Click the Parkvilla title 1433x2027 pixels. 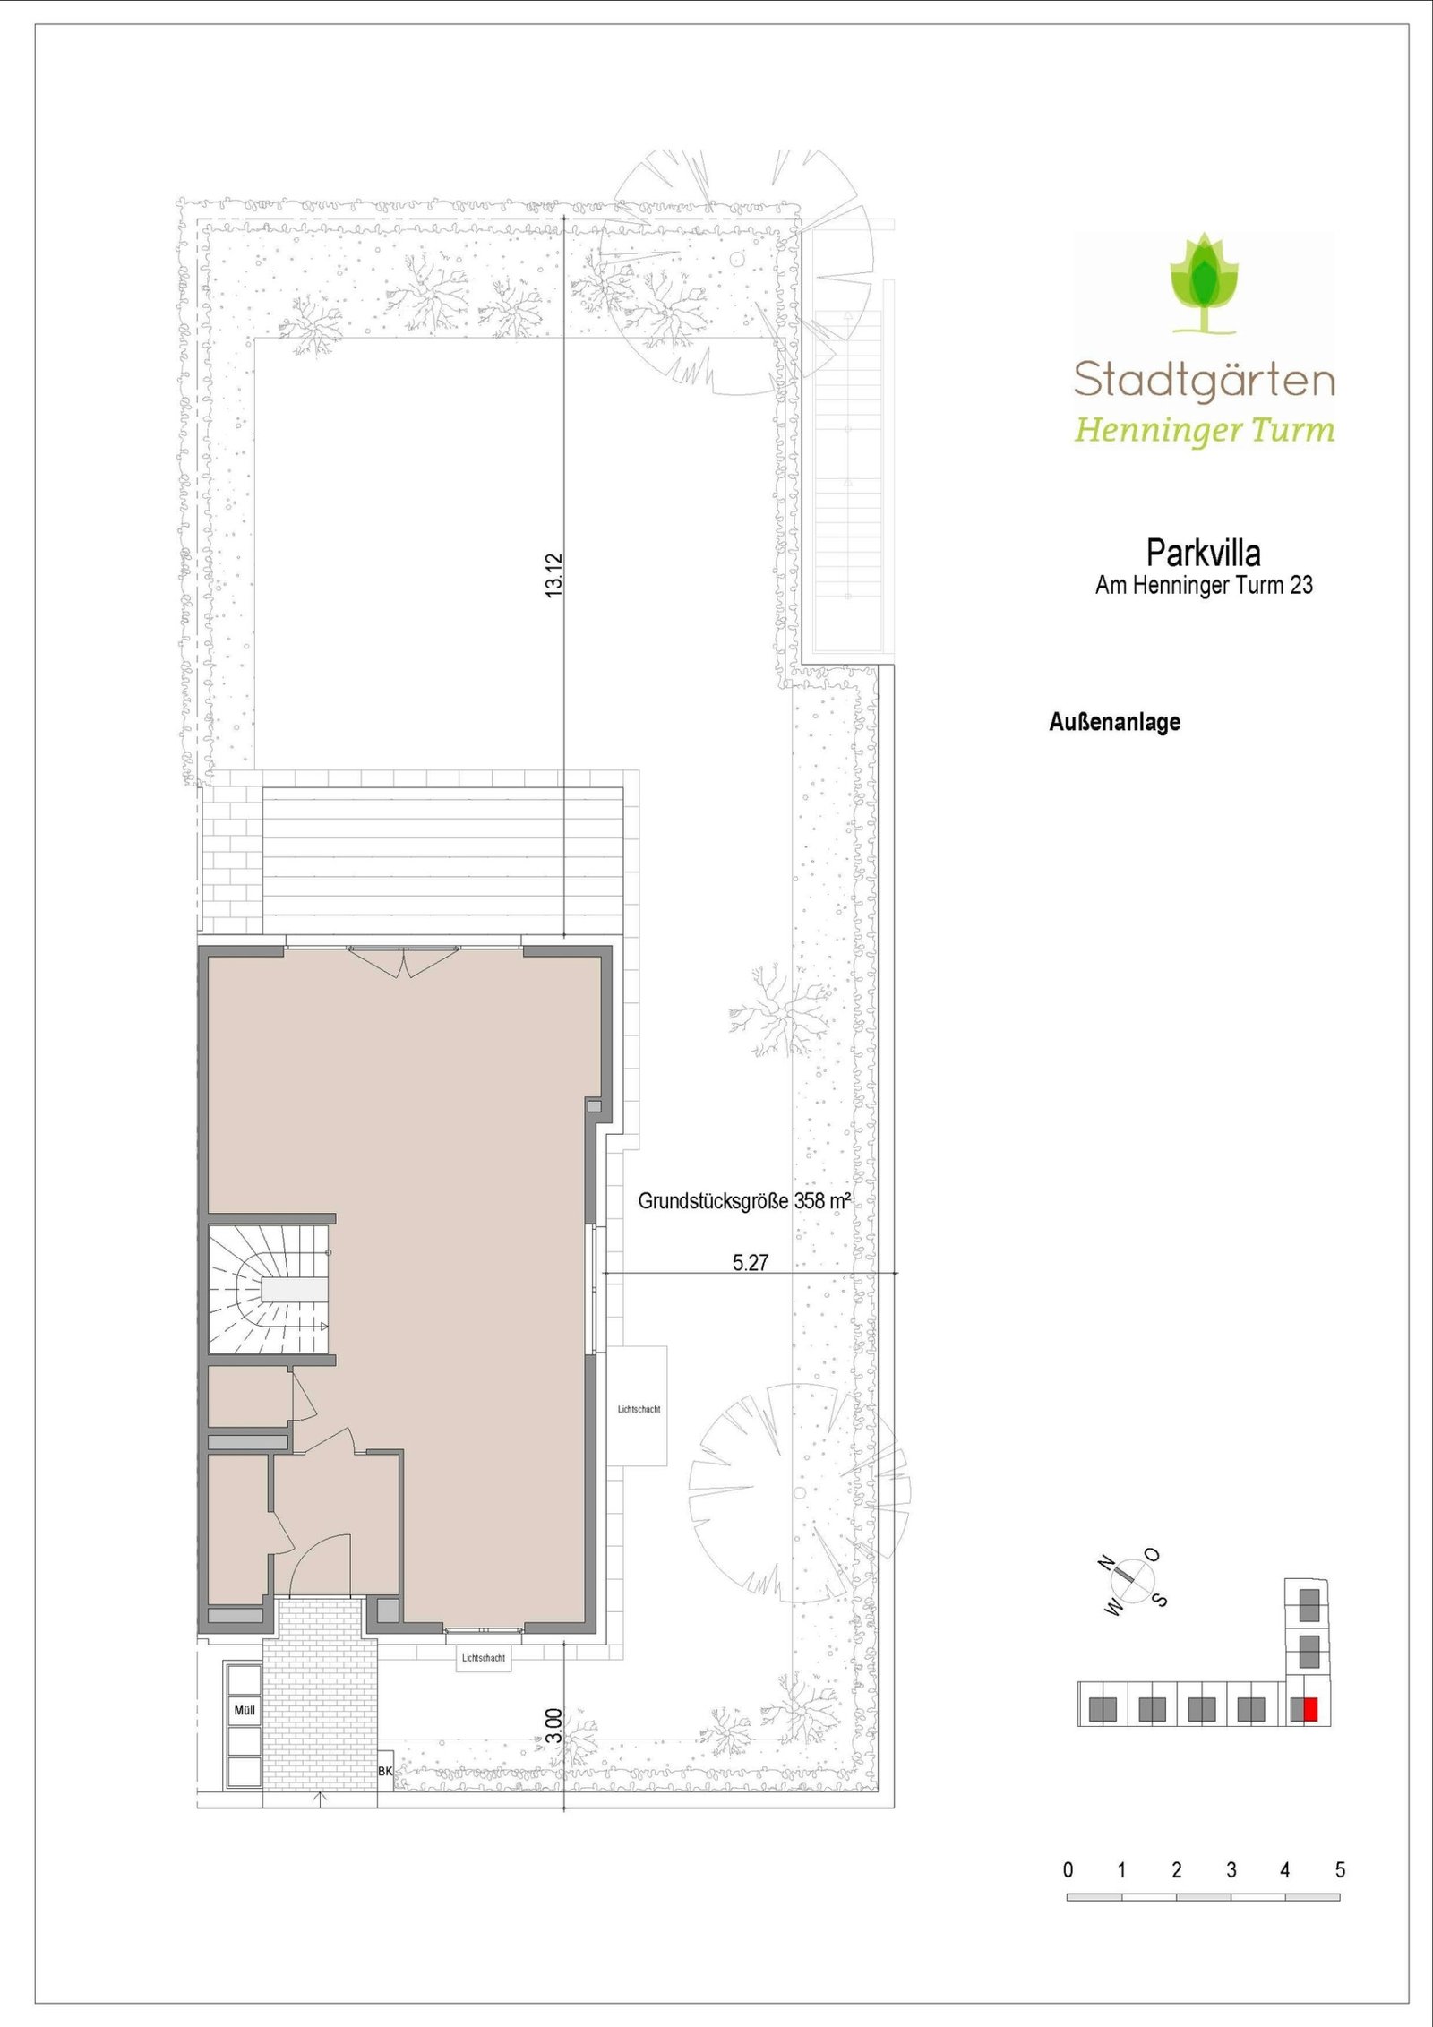click(x=1203, y=554)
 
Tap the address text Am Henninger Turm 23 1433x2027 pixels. click(x=1204, y=586)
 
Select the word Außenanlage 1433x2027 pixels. click(x=1114, y=722)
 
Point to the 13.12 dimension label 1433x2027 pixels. click(x=554, y=575)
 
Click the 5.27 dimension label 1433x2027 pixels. click(x=750, y=1263)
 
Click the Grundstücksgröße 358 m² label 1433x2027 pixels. click(x=743, y=1201)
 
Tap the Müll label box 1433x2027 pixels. click(x=245, y=1710)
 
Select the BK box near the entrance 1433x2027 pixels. click(x=386, y=1771)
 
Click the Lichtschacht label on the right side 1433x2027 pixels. click(x=639, y=1409)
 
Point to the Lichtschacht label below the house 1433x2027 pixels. click(x=484, y=1658)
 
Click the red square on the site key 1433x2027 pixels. click(x=1310, y=1710)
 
